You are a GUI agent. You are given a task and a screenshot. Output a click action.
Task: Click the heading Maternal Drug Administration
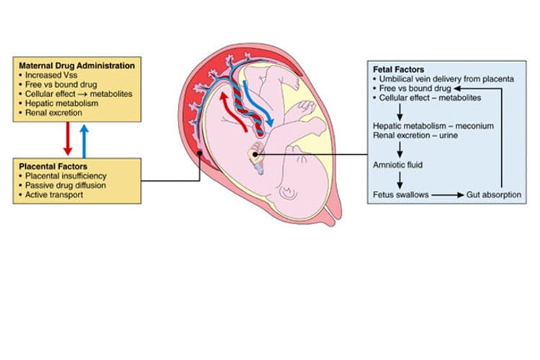(71, 65)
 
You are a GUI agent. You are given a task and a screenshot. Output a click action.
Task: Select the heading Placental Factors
(50, 166)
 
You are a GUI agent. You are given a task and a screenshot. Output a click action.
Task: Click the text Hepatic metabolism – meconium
(433, 125)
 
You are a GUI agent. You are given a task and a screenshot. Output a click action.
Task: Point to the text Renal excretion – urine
(415, 135)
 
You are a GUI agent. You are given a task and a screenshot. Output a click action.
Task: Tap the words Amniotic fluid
(398, 165)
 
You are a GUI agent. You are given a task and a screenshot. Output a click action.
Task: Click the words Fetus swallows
(401, 194)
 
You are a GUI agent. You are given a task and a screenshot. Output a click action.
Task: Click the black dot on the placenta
(199, 153)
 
